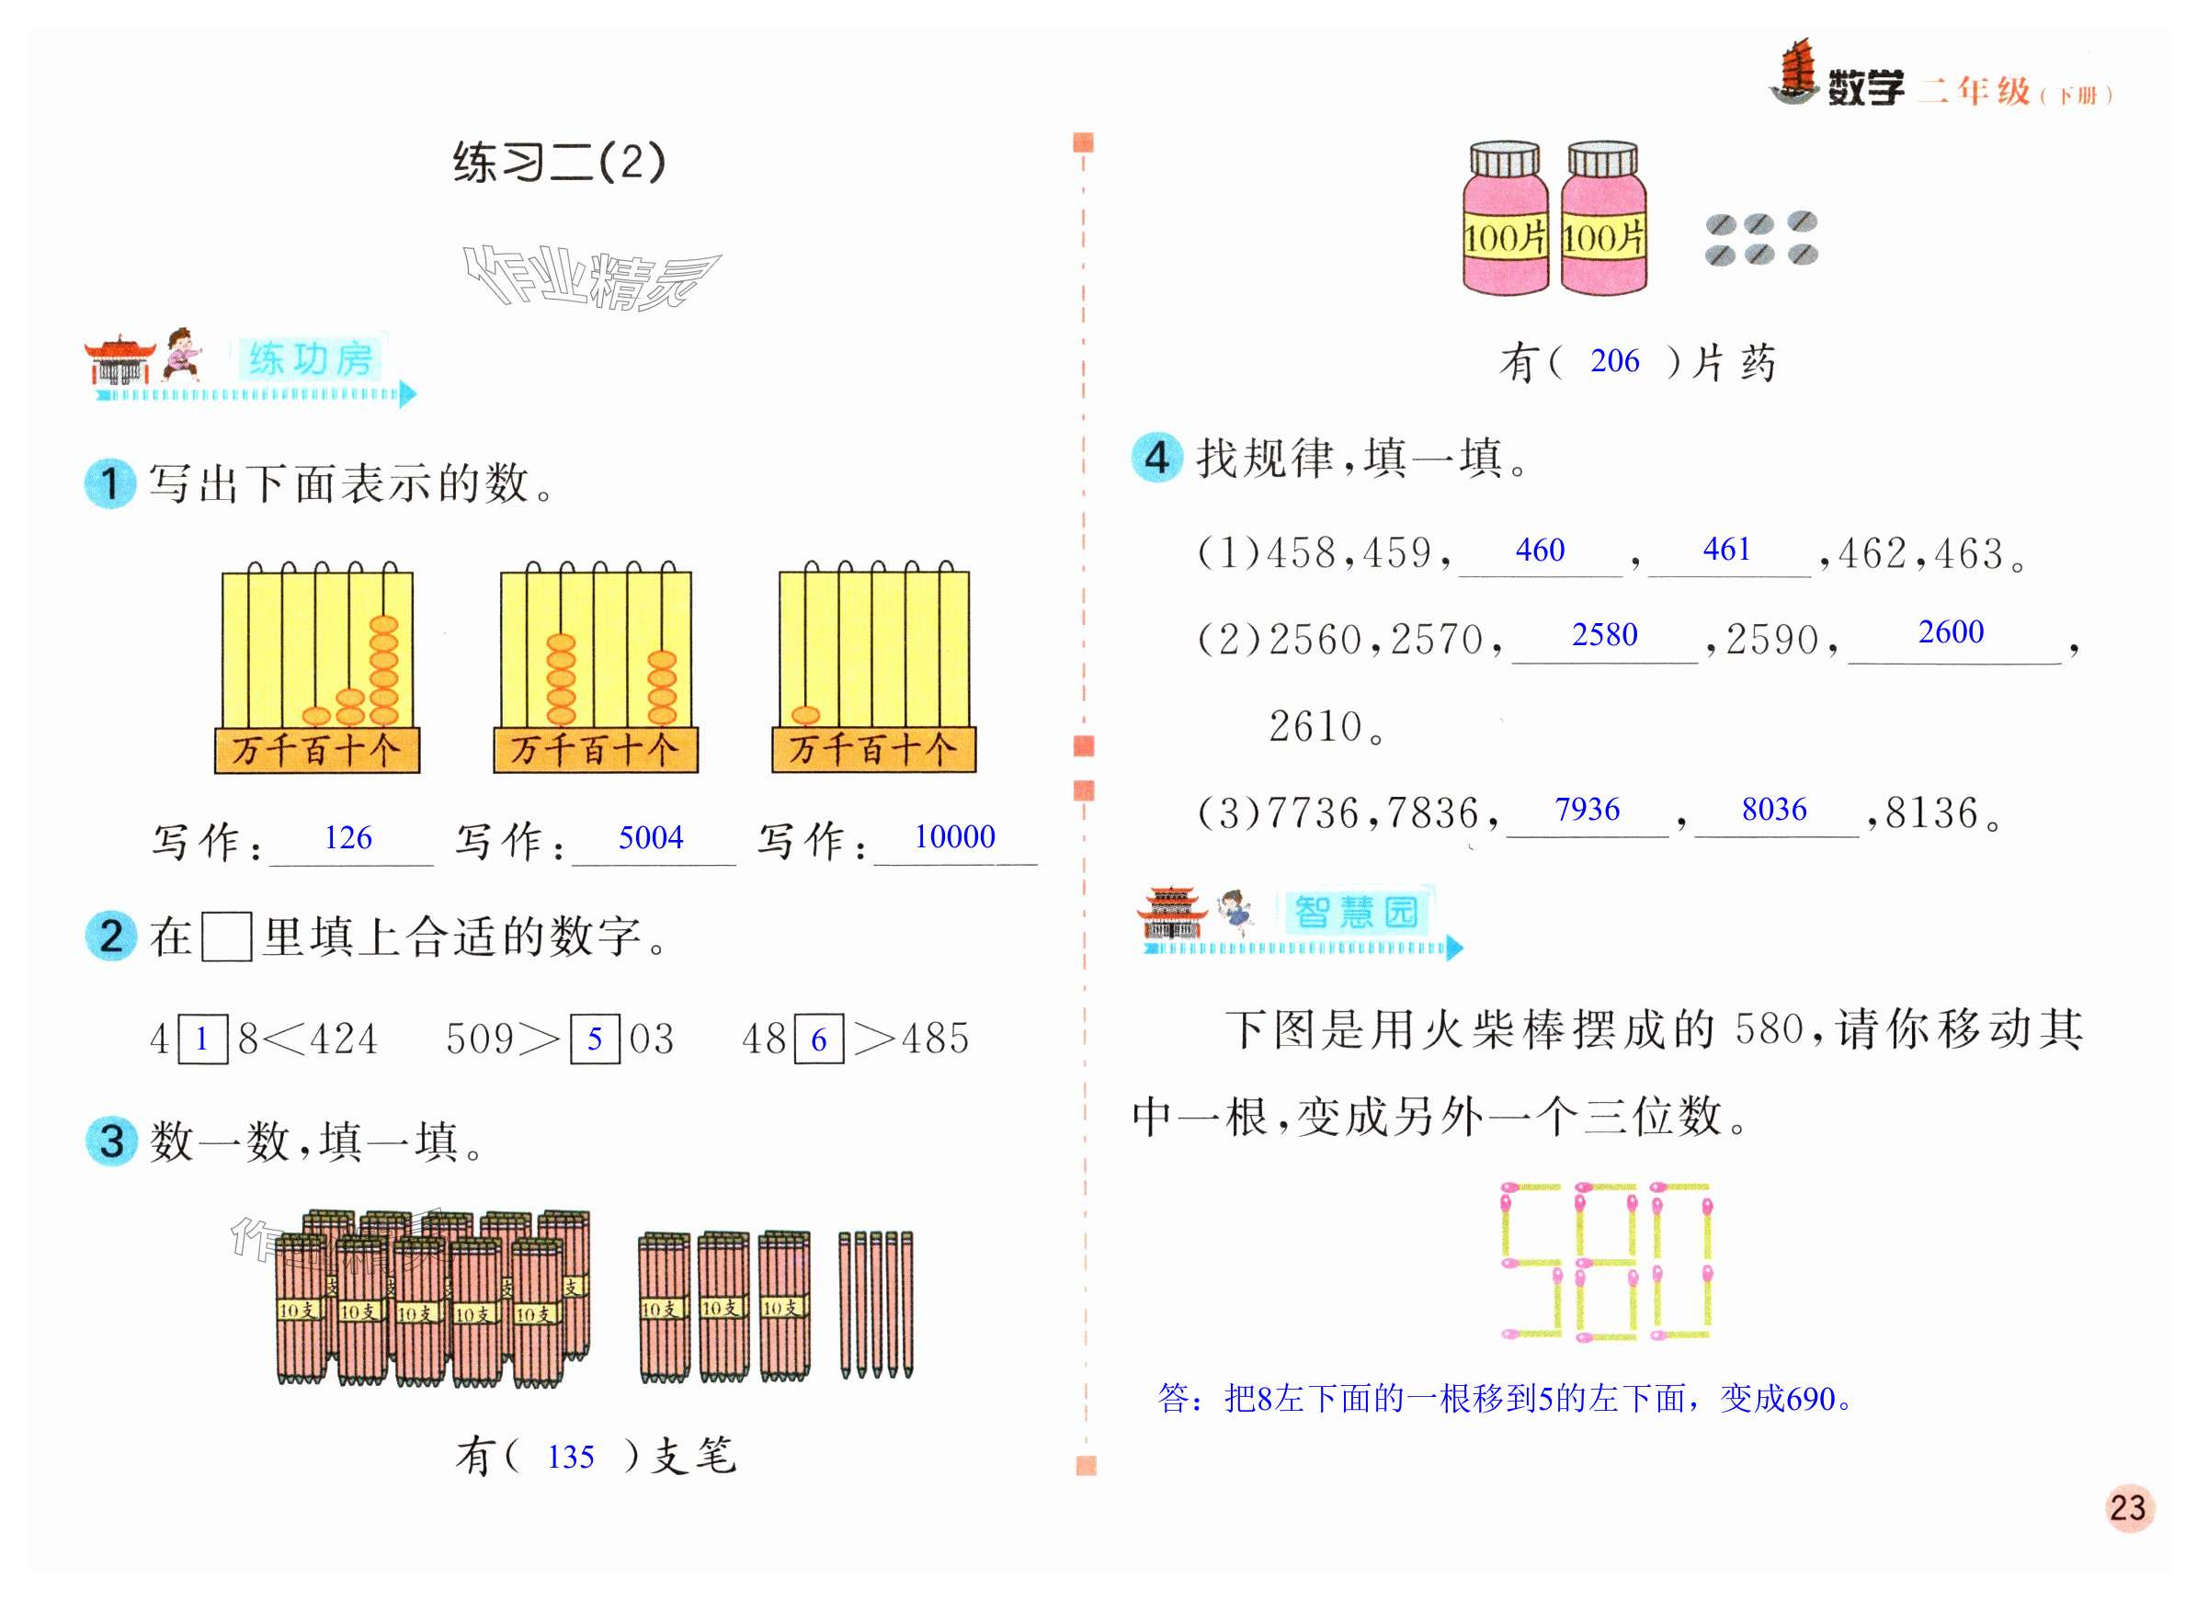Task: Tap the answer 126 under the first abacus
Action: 347,837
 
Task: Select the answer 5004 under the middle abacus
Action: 650,837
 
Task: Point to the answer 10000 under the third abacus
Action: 954,836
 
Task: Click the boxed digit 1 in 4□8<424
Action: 202,1039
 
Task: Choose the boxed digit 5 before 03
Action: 594,1039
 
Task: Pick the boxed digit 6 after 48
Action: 819,1039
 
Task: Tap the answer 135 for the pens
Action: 570,1457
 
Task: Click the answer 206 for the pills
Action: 1614,360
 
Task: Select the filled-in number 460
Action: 1540,550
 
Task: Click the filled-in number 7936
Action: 1587,808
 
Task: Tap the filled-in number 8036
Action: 1773,808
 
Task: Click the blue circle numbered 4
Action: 1156,458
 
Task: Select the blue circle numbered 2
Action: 111,937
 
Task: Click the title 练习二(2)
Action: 559,162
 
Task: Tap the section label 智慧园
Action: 1356,912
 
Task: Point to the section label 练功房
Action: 310,358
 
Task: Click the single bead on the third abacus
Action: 805,715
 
